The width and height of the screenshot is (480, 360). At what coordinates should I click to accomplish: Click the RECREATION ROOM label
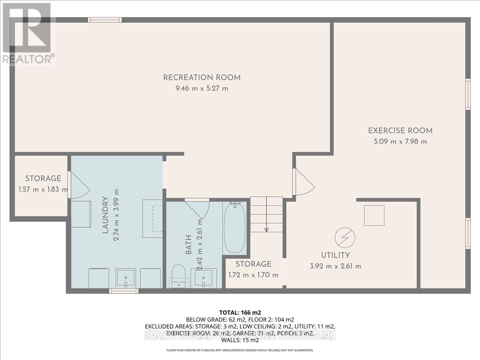[x=202, y=77]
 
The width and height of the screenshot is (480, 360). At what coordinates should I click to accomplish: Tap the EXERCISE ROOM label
[x=400, y=130]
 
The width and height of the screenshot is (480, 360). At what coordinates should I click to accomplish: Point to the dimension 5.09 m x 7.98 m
[x=400, y=141]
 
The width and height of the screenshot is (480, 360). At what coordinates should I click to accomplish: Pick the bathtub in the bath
[x=234, y=227]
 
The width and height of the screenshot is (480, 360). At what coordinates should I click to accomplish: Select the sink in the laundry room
[x=126, y=278]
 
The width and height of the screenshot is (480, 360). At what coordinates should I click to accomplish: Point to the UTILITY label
[x=336, y=255]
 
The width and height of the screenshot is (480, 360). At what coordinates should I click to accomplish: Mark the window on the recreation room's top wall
[x=104, y=20]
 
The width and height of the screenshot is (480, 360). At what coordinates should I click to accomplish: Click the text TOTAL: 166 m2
[x=240, y=312]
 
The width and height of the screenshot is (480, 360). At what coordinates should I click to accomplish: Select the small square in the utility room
[x=374, y=216]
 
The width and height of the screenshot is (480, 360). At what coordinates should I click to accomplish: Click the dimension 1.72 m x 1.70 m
[x=253, y=275]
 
